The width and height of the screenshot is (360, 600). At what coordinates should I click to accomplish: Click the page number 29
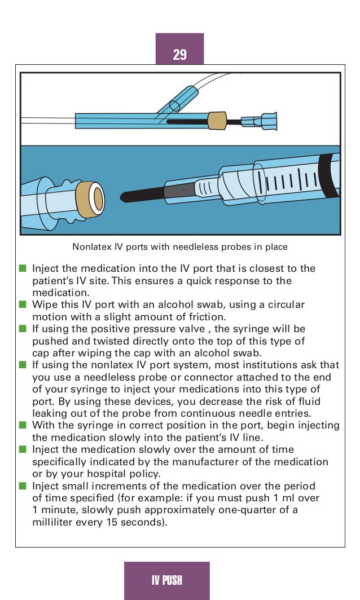pyautogui.click(x=179, y=55)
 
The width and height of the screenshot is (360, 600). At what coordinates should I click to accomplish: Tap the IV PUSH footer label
pyautogui.click(x=166, y=581)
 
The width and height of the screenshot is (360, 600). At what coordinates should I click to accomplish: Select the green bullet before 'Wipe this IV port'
pyautogui.click(x=23, y=305)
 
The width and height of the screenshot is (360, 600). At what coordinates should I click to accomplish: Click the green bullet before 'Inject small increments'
pyautogui.click(x=23, y=486)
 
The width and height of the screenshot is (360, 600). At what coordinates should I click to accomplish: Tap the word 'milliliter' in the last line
pyautogui.click(x=55, y=522)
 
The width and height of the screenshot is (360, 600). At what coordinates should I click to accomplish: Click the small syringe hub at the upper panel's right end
pyautogui.click(x=265, y=120)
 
